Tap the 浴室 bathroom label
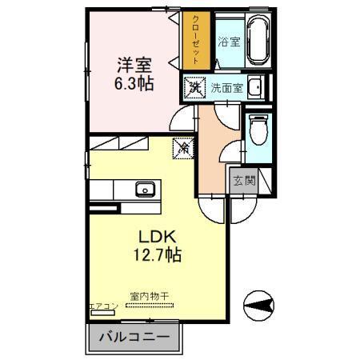point(229,41)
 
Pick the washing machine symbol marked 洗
point(194,86)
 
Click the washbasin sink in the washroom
point(254,87)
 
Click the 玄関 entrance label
point(244,181)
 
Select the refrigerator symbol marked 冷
point(183,147)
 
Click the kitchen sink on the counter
point(145,190)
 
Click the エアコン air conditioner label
point(103,306)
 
